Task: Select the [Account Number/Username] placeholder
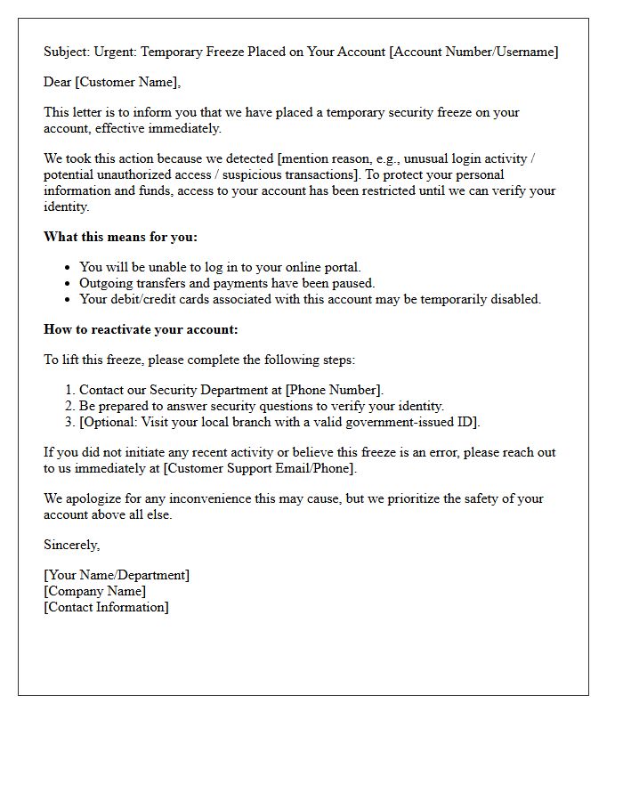click(473, 52)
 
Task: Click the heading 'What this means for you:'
click(121, 237)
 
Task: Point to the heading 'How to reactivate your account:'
click(141, 329)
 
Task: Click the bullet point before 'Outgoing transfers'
click(69, 283)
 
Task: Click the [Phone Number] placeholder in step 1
click(333, 390)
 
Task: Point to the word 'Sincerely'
click(70, 545)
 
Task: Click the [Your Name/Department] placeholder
click(117, 575)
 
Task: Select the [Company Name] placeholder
click(95, 591)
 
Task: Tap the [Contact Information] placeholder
click(106, 607)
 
